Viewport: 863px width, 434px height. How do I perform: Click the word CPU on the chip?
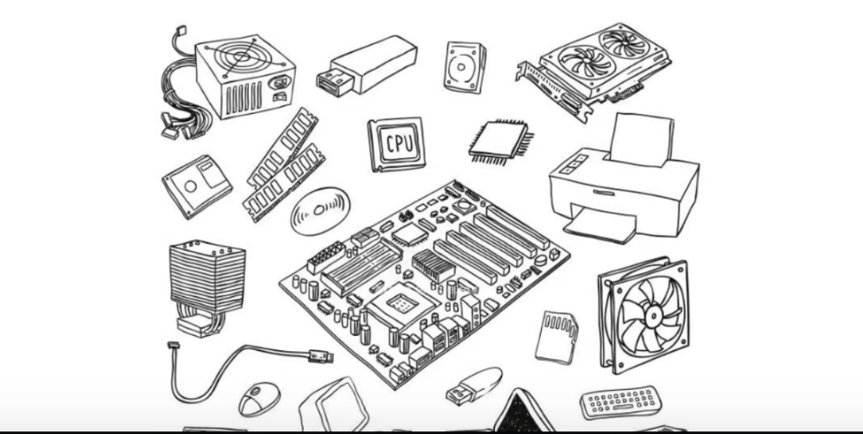point(397,144)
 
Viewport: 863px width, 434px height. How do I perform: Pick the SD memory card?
point(558,335)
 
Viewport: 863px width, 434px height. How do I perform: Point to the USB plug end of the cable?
point(319,355)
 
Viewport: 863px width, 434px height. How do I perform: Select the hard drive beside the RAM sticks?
point(197,185)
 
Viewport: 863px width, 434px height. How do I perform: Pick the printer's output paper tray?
point(600,226)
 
